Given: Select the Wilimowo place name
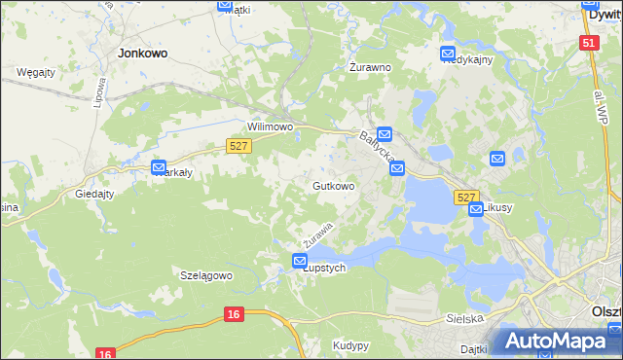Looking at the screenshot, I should [271, 127].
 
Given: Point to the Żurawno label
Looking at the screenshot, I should [370, 68].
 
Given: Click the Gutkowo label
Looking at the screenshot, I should [333, 185].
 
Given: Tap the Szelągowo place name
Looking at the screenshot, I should [206, 275].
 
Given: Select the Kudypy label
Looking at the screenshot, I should [350, 345].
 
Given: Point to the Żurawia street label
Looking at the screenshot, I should [318, 234].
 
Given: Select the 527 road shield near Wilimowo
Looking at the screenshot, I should [239, 145].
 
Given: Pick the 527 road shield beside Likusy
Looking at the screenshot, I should [466, 197].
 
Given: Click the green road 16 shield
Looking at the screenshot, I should [232, 314].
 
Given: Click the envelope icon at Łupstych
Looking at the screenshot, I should [300, 260].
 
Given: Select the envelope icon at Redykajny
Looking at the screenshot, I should [448, 54].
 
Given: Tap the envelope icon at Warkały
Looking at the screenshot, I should [159, 167].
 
